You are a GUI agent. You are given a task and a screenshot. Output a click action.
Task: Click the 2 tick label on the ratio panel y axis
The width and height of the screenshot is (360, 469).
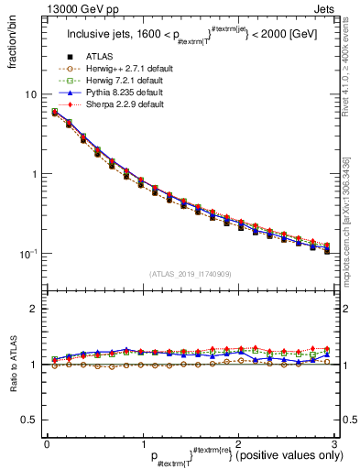(34, 309)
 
